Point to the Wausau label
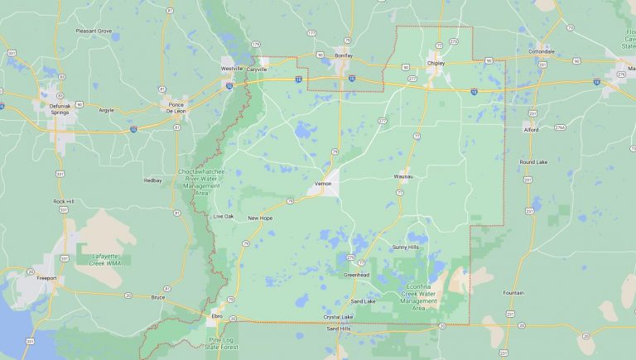pos(403,176)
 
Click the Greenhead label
pos(356,275)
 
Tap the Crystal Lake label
pos(338,317)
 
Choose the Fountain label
pos(513,293)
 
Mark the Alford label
pos(531,129)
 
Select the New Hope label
pos(260,218)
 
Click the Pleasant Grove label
pos(94,31)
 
